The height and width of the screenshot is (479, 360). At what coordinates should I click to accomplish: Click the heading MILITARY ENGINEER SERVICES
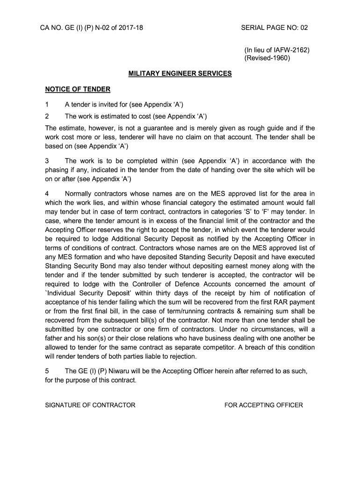pyautogui.click(x=180, y=73)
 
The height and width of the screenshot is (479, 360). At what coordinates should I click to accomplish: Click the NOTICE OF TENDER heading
pyautogui.click(x=78, y=89)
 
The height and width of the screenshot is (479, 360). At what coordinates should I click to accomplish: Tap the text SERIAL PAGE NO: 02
pyautogui.click(x=274, y=28)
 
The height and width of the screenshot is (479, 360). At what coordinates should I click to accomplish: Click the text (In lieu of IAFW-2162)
pyautogui.click(x=277, y=50)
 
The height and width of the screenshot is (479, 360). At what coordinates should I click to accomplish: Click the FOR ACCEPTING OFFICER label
pyautogui.click(x=264, y=405)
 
